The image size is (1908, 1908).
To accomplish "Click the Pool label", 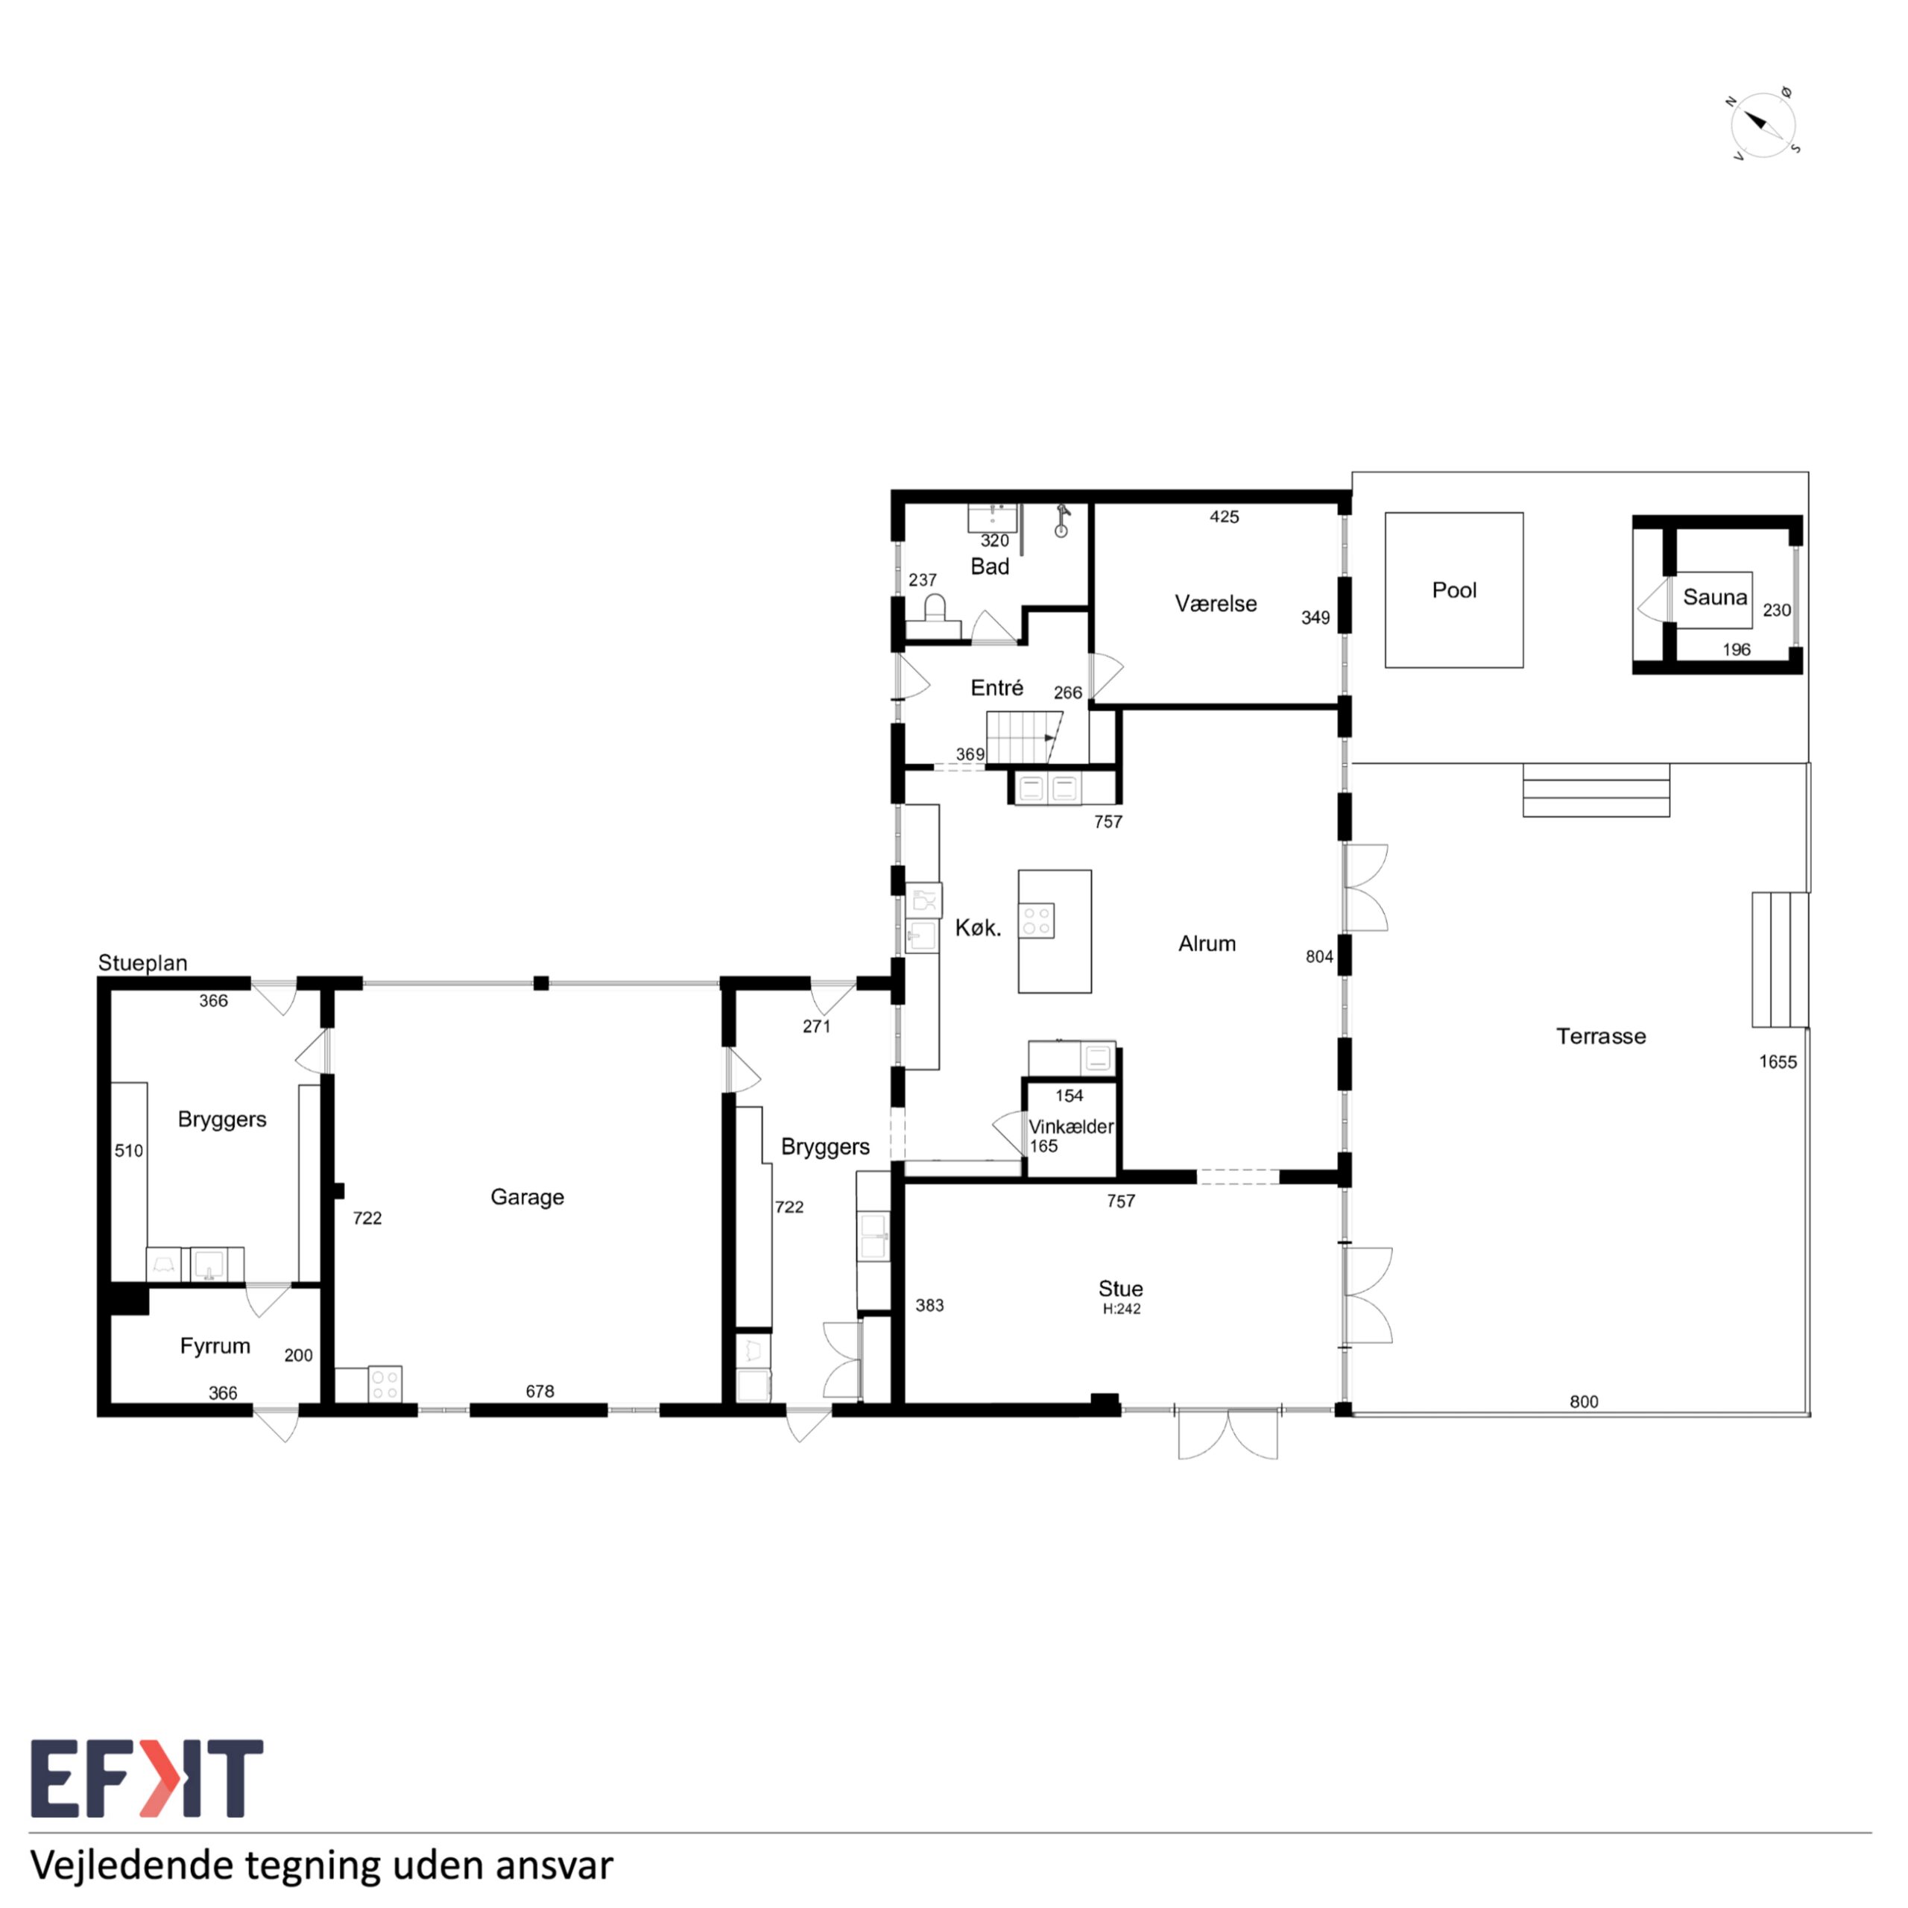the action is (1453, 590).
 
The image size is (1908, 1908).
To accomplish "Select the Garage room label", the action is (528, 1198).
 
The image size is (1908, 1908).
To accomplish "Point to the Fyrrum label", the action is (215, 1346).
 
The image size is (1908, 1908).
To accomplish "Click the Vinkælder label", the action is (1070, 1127).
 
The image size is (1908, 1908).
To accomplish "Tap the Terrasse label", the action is (1601, 1036).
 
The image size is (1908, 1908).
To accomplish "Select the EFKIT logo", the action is (147, 1778).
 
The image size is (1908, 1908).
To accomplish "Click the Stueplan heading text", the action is (142, 963).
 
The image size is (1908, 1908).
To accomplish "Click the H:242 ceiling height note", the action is (1122, 1310).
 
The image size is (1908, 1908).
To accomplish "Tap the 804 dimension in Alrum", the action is (1319, 957).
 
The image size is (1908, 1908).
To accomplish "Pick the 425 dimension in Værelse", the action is (1225, 517).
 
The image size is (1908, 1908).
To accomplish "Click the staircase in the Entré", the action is (1024, 738).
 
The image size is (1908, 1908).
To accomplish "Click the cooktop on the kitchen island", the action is (1037, 920).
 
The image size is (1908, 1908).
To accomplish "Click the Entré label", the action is (996, 689).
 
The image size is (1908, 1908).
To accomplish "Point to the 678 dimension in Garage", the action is (540, 1391).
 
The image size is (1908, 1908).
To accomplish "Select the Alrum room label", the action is (1207, 944).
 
